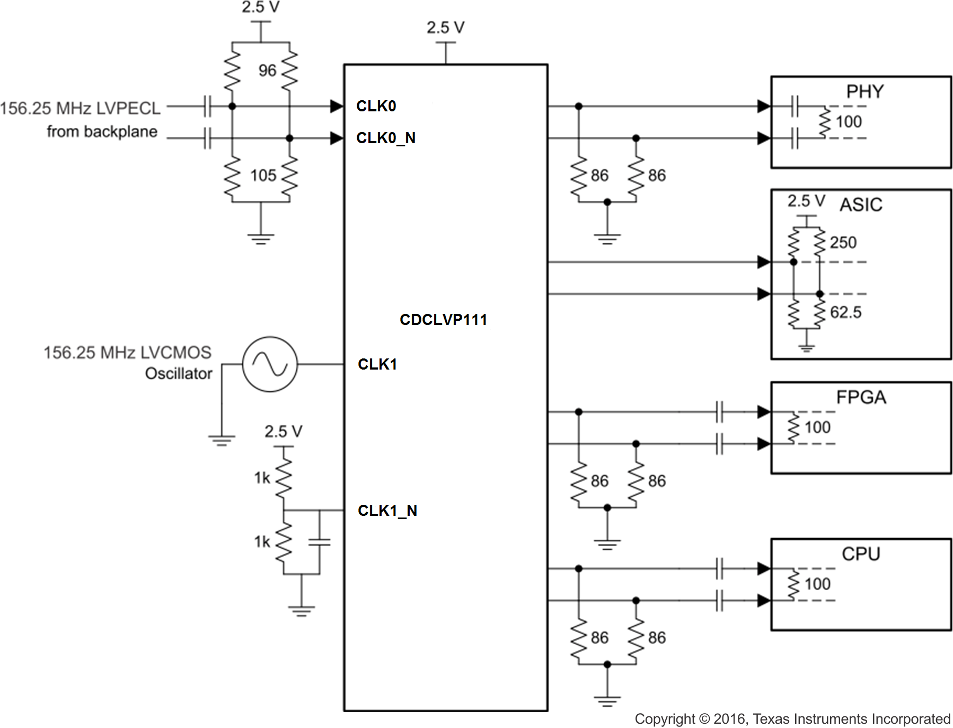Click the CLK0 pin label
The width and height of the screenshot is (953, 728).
click(376, 106)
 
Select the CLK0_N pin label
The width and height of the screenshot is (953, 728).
click(385, 138)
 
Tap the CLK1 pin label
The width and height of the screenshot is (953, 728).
click(377, 364)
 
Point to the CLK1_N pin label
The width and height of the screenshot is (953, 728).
click(387, 511)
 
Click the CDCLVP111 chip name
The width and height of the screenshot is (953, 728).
click(443, 320)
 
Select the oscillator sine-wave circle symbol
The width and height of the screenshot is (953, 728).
click(270, 364)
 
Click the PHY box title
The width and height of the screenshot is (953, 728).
click(864, 92)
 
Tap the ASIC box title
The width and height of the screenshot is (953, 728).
click(861, 205)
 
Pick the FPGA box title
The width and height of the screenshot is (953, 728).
click(861, 397)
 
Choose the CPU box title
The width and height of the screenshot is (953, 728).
click(861, 554)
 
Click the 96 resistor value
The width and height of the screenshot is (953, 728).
click(267, 71)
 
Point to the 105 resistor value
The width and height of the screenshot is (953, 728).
click(263, 176)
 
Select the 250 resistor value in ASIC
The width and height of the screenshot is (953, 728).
click(843, 243)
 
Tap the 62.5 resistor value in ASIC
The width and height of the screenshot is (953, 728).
click(845, 312)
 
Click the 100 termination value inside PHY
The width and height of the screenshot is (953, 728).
click(849, 122)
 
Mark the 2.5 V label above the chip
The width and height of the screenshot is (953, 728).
click(445, 28)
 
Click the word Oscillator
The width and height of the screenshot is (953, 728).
click(179, 374)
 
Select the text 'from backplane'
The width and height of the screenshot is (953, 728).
click(102, 131)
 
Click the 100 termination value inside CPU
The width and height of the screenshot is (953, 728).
click(817, 584)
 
